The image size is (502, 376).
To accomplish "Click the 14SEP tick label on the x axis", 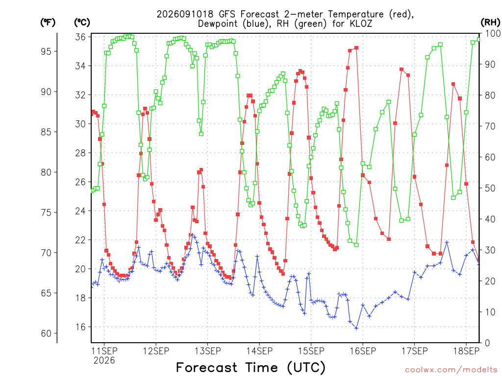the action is tap(259, 351).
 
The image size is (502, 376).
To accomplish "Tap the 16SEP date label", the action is tap(363, 351).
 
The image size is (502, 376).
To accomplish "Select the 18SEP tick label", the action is tap(466, 351).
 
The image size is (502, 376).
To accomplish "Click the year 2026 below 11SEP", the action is tap(104, 361).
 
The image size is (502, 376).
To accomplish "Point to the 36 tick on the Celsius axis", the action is tap(80, 37).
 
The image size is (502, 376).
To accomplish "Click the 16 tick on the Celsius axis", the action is tap(80, 327).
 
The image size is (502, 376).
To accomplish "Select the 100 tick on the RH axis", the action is tap(493, 33).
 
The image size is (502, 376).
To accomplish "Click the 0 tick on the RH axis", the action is tap(487, 343).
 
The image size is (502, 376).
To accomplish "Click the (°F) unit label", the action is tap(48, 23).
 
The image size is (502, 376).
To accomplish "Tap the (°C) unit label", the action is tap(82, 23).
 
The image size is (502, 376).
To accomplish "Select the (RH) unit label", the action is tap(490, 23).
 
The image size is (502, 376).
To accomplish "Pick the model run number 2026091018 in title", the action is tap(185, 14).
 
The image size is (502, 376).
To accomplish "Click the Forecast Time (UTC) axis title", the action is tap(251, 368).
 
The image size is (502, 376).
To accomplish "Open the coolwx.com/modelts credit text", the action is tap(451, 370).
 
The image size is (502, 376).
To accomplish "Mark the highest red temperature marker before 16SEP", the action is tap(356, 48).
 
